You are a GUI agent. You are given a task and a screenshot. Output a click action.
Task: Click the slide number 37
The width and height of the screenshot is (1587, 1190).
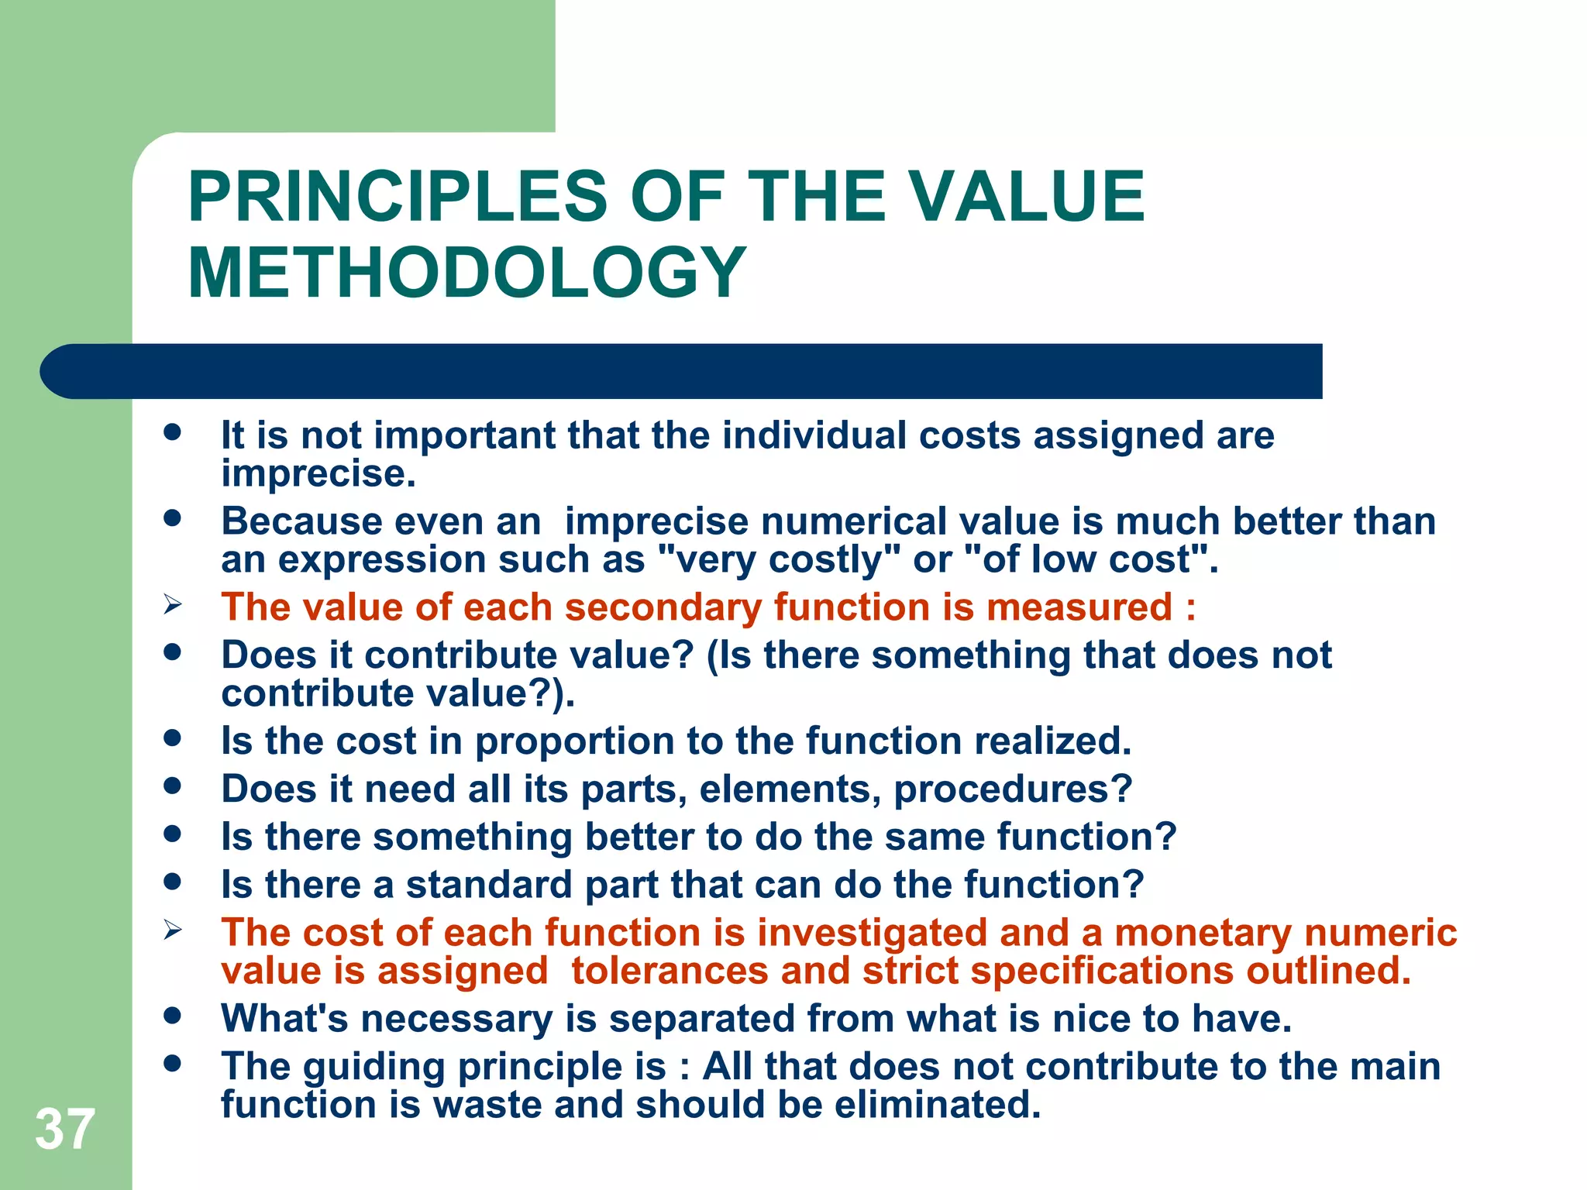coord(65,1130)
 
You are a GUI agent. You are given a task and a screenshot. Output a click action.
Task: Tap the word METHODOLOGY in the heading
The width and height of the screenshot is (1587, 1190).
coord(467,272)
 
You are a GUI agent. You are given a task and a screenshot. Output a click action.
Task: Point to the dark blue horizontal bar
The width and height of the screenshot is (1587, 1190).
coord(682,371)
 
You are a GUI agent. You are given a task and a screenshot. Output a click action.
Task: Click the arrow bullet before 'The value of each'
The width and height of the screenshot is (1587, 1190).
coord(172,604)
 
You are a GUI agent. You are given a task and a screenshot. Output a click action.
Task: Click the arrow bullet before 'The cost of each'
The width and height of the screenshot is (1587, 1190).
coord(172,930)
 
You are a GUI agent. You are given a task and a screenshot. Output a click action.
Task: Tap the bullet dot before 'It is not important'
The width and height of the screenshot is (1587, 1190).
coord(172,432)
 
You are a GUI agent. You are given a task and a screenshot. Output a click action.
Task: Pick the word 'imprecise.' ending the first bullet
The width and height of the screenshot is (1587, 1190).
coord(318,474)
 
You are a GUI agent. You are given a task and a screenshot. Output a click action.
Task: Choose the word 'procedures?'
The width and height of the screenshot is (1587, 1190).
coord(1013,789)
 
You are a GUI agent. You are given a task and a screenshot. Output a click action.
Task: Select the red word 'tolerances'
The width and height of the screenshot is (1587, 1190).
coord(670,971)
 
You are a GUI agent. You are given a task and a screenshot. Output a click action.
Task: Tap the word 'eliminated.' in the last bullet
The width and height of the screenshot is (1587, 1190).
coord(938,1104)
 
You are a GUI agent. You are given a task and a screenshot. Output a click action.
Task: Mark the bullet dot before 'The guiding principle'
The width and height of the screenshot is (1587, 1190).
coord(172,1063)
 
